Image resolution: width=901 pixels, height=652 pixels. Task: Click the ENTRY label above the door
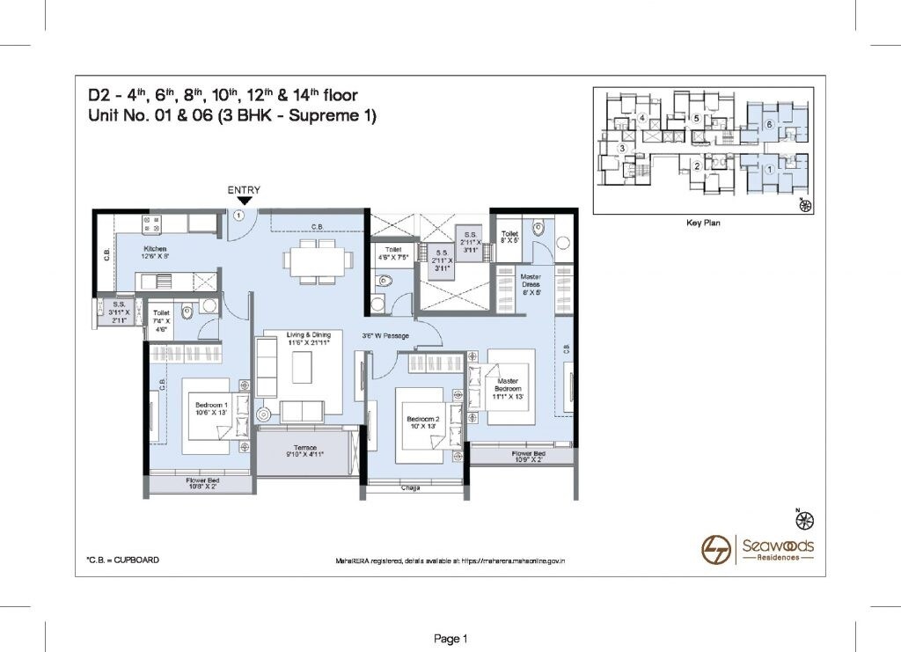tap(244, 189)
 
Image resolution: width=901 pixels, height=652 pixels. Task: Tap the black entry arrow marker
tap(244, 201)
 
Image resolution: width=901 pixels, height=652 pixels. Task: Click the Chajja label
tap(410, 487)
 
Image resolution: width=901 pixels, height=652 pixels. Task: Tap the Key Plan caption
tap(703, 223)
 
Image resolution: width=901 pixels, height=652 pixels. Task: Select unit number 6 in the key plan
tap(768, 125)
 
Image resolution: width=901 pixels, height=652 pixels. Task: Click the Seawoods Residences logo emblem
tap(715, 550)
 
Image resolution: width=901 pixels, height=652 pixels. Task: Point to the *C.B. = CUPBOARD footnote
tap(122, 560)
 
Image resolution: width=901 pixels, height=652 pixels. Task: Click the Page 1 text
tap(450, 638)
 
